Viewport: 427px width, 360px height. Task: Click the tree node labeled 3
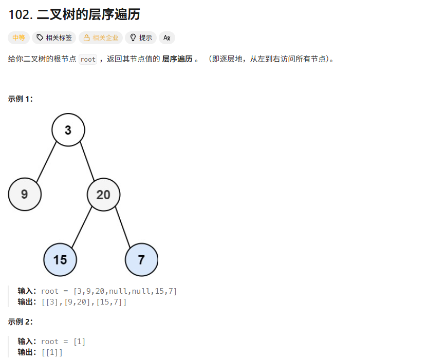[x=68, y=130]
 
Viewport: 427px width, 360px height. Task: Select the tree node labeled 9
[x=25, y=194]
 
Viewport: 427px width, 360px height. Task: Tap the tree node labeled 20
[x=103, y=194]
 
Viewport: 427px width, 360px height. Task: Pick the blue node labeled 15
[x=60, y=259]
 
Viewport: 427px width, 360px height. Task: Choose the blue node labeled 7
[x=141, y=259]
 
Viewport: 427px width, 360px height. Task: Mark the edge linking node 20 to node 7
[x=122, y=226]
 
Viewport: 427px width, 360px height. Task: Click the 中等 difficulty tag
[x=18, y=37]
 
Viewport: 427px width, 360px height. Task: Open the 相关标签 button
[x=54, y=37]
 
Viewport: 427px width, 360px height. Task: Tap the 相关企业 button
[x=101, y=37]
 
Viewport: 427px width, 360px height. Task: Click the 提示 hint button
[x=141, y=37]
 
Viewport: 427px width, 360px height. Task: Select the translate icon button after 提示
[x=167, y=37]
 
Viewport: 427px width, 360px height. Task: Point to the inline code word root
[x=88, y=59]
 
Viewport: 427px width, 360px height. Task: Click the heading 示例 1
[x=20, y=99]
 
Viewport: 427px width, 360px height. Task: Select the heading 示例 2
[x=20, y=322]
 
